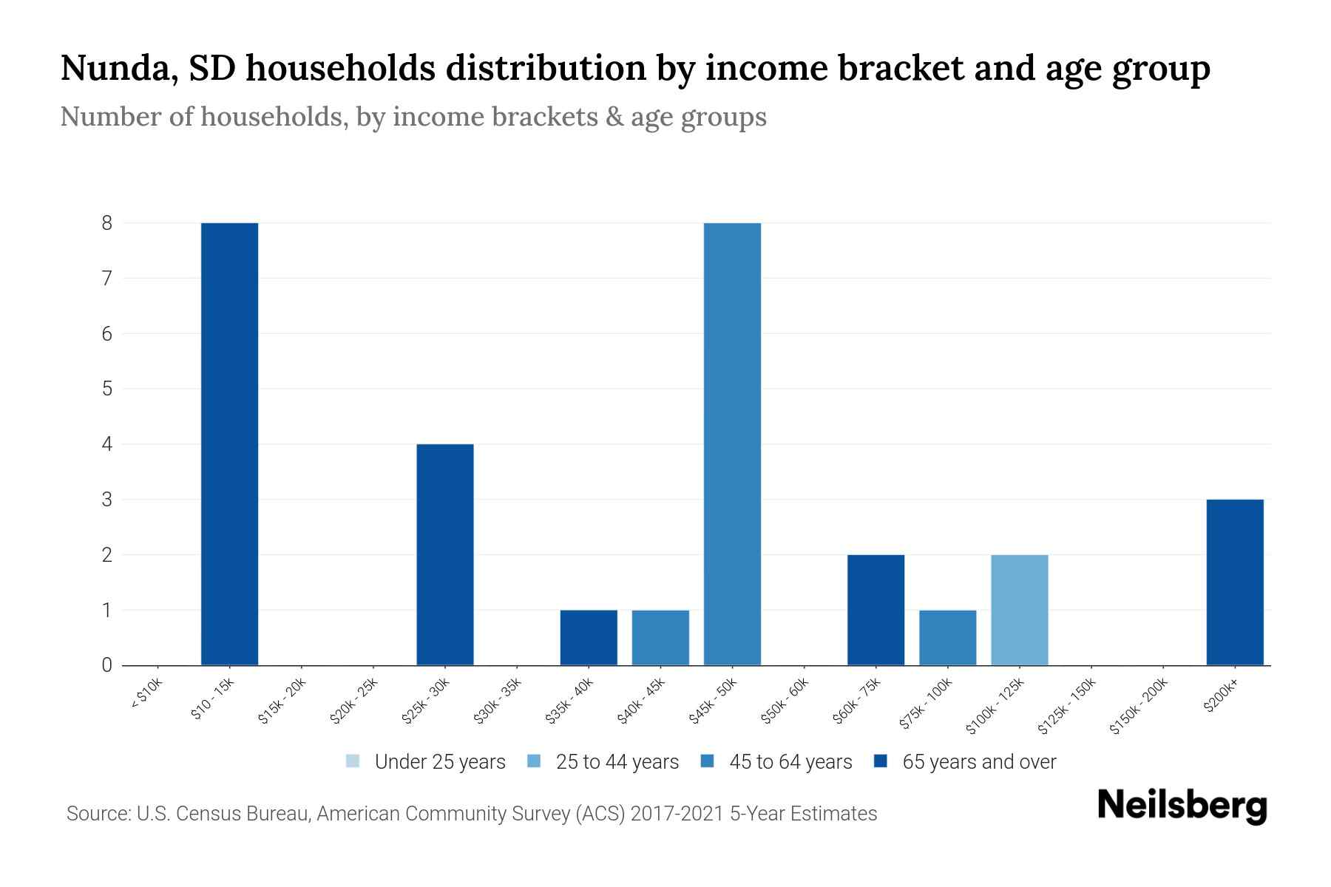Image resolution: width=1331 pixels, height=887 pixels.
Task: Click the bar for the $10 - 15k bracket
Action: (229, 443)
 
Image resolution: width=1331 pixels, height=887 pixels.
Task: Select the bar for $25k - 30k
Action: (445, 554)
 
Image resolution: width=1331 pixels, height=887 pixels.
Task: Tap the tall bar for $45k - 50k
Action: (732, 443)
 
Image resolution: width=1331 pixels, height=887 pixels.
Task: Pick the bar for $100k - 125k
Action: (1020, 610)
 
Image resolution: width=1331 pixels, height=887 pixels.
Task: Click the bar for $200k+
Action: (1235, 582)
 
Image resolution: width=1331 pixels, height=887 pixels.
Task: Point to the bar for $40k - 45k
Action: (660, 637)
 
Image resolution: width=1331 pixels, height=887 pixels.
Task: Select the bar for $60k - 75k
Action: (876, 610)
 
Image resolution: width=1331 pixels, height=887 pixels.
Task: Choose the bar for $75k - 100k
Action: (947, 637)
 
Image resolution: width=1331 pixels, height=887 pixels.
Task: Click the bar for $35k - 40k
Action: (589, 637)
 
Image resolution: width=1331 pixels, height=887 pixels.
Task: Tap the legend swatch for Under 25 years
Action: (353, 761)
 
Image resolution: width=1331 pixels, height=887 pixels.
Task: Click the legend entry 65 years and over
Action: (979, 762)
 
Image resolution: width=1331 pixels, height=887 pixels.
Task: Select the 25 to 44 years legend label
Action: (617, 762)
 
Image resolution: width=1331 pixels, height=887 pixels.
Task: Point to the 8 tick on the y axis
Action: (107, 222)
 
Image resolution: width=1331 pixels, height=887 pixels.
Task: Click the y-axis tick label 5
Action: (107, 389)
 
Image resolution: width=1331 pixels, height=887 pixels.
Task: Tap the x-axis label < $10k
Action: (146, 694)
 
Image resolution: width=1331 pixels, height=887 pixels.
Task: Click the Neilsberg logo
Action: (1182, 806)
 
